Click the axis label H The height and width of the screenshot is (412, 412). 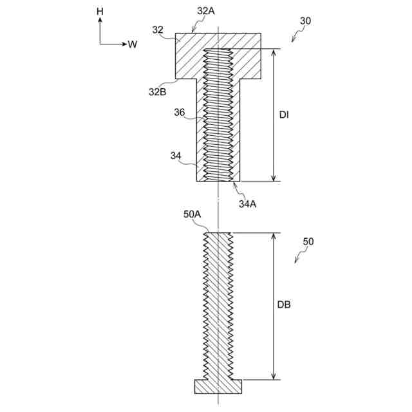tap(100, 12)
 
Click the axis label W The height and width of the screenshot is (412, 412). tap(133, 44)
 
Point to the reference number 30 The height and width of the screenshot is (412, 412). tap(305, 21)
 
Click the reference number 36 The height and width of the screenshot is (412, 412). tap(179, 112)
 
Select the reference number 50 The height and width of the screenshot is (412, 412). tap(308, 241)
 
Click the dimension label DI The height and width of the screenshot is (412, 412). tap(284, 115)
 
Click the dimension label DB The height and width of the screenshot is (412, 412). tap(285, 305)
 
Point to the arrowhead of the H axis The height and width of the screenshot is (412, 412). tap(100, 21)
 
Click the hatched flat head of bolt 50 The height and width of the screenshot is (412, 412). tap(218, 386)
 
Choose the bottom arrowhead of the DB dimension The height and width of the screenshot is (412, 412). tap(274, 377)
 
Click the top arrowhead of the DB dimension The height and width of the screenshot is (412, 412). tap(274, 236)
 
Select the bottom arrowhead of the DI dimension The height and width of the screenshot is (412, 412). tap(274, 178)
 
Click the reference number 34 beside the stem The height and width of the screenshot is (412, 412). tap(175, 155)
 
